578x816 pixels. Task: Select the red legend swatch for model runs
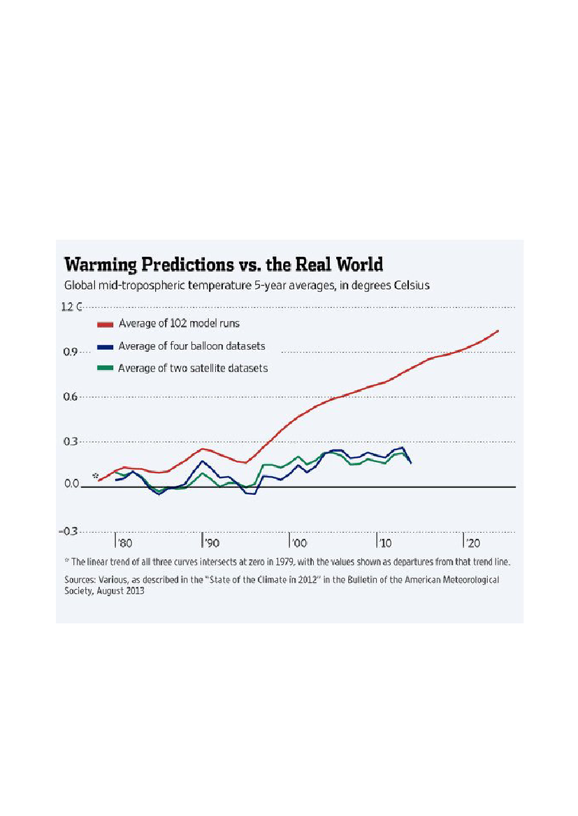click(105, 324)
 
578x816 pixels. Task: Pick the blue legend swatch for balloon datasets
click(105, 346)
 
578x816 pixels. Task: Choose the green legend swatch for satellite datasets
click(105, 368)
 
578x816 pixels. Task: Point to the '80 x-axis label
click(124, 542)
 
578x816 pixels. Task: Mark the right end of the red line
click(498, 331)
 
